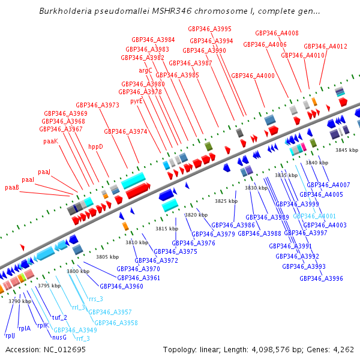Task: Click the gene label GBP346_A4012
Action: pos(325,46)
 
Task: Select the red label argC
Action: pos(146,70)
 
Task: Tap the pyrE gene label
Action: pos(137,101)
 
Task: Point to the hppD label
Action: pos(96,146)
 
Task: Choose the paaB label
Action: pos(13,187)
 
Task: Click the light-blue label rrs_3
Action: pos(96,298)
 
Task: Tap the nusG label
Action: pos(59,337)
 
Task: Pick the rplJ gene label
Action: pos(10,335)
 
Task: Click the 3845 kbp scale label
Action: pos(346,150)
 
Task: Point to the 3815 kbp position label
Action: pos(167,229)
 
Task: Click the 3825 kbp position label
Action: pos(226,201)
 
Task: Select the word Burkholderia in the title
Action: pos(67,11)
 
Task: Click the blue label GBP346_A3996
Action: pos(321,278)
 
